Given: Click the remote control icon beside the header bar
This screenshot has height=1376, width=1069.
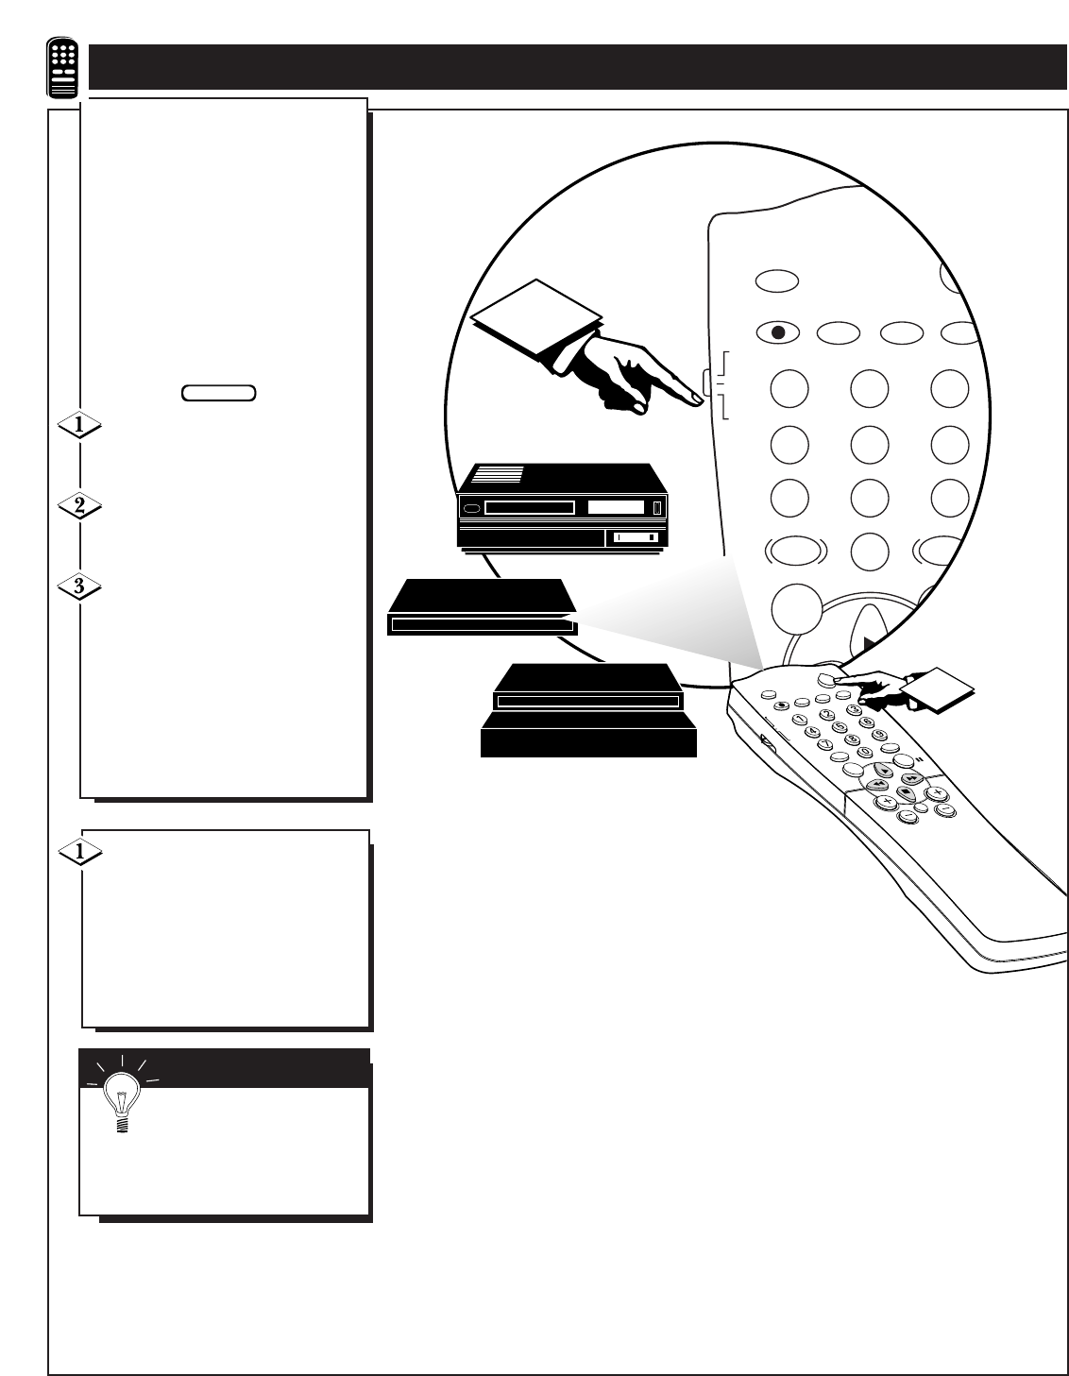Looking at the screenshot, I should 64,69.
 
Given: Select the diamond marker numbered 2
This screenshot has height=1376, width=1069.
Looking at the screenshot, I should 80,505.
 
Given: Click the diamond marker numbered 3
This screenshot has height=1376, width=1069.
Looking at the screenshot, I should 80,586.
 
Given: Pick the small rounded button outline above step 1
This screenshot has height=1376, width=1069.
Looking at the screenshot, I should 218,393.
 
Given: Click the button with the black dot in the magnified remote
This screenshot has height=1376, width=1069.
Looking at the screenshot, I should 778,332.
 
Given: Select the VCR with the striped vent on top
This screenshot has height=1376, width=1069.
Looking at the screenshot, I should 562,505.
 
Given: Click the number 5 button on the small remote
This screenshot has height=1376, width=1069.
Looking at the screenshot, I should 840,727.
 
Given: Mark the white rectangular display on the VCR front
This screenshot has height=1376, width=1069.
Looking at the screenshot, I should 615,508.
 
